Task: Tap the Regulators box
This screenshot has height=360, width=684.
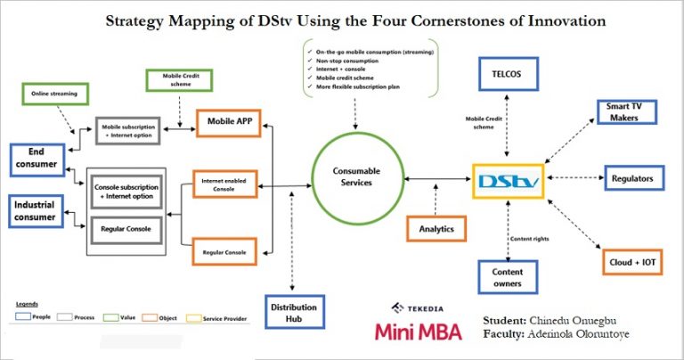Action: coord(631,178)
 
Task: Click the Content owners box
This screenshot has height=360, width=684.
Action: coord(507,277)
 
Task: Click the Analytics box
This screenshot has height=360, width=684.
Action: coord(436,229)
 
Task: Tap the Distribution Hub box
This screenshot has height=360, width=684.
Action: coord(293,314)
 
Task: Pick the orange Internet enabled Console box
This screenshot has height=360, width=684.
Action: coord(224,184)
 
